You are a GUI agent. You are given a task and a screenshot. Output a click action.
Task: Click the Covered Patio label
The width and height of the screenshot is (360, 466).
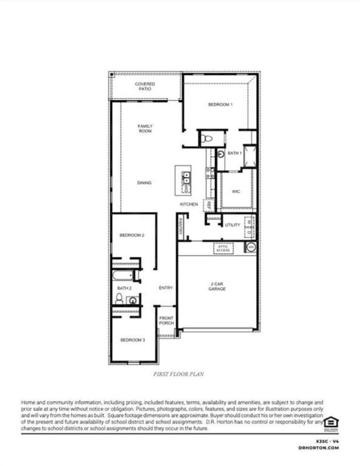pos(145,86)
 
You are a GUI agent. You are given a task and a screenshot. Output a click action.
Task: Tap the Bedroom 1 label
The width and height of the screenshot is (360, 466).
pos(221,104)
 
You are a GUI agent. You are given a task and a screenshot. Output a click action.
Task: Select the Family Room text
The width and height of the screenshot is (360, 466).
pos(145,129)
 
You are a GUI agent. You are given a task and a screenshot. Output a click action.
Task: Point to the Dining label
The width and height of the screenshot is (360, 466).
pos(144,183)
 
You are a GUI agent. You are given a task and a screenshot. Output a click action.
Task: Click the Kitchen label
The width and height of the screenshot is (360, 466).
pos(189,204)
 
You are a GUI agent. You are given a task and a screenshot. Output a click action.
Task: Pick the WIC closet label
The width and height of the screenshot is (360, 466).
pos(236,192)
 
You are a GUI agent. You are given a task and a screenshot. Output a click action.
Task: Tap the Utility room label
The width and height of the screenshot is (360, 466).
pos(232,225)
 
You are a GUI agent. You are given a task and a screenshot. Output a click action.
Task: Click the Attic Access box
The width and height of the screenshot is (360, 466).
pos(223,248)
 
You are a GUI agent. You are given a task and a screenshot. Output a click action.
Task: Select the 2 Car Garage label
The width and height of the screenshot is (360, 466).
pos(218,286)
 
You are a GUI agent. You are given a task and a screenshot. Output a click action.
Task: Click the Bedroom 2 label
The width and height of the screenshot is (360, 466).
pos(132,235)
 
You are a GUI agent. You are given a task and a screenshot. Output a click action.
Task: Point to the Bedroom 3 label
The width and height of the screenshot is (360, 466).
pos(133,340)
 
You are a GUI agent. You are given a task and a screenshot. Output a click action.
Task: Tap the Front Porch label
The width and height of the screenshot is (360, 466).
pos(166,320)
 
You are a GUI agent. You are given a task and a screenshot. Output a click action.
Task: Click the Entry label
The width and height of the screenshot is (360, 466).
pos(166,288)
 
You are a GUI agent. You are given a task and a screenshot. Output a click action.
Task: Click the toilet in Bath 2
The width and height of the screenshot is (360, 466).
pos(119,298)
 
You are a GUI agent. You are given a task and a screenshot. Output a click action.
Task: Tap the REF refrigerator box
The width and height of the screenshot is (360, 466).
pos(208,205)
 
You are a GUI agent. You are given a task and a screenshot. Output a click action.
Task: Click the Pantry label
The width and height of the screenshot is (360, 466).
pos(180,227)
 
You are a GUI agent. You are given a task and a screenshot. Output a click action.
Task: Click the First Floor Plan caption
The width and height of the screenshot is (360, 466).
pos(178,374)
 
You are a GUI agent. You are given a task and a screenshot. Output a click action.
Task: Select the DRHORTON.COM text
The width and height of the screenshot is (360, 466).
pos(318,448)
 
